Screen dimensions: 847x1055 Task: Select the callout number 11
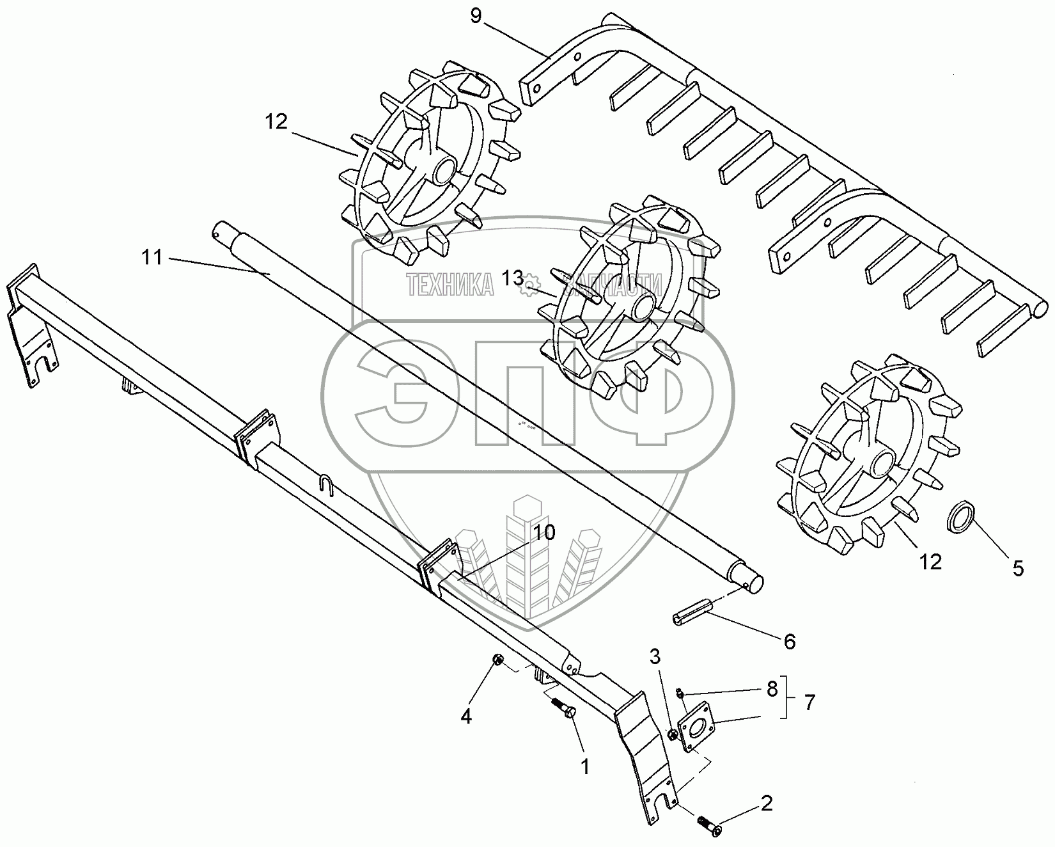[153, 258]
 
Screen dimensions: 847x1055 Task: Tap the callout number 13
[512, 278]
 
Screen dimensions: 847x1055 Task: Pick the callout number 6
[789, 641]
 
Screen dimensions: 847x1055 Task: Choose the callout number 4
[467, 716]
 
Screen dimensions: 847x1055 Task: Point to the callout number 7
[809, 702]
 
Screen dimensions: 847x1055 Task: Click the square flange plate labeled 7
[699, 726]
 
